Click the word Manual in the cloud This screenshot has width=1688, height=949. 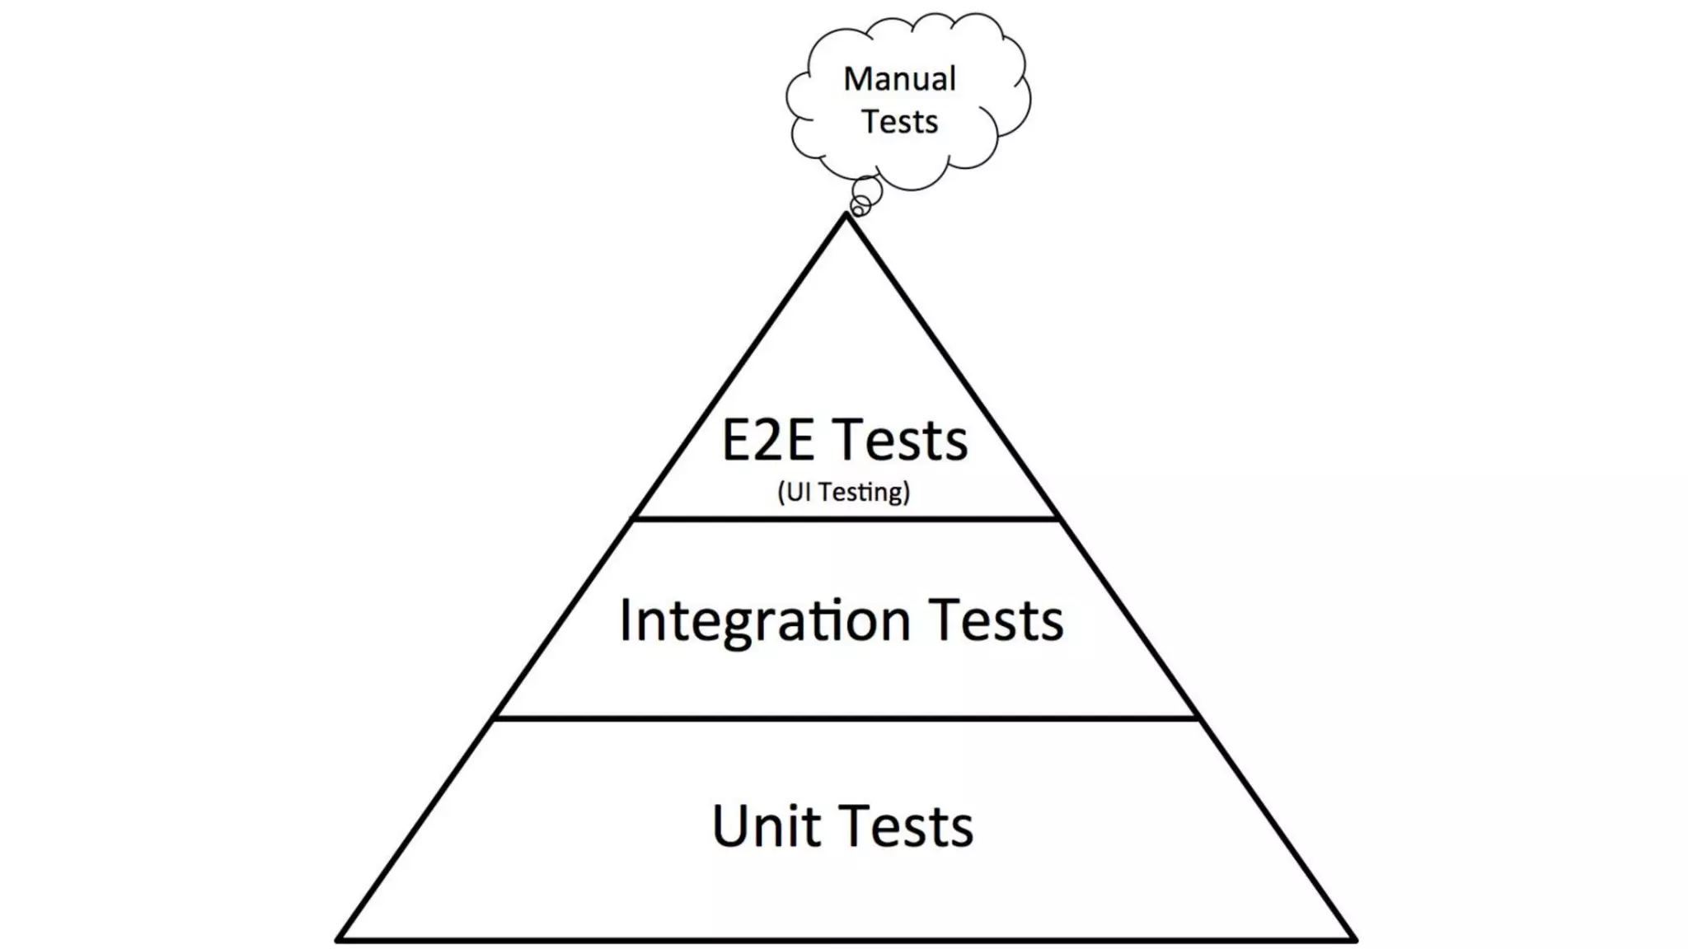[899, 79]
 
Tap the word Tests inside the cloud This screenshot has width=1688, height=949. [900, 122]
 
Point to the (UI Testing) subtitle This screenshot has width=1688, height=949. [843, 492]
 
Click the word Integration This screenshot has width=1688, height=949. [764, 620]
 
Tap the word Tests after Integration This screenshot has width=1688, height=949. [996, 620]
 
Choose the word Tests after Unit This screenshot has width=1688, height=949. [907, 825]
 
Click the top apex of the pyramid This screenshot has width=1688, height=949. [846, 216]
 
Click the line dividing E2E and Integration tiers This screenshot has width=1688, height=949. [845, 519]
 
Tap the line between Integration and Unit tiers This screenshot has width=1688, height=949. [845, 719]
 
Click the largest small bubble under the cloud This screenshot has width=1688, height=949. [867, 190]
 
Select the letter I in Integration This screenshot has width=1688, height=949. [626, 619]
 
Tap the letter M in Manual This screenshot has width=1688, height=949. [859, 79]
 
